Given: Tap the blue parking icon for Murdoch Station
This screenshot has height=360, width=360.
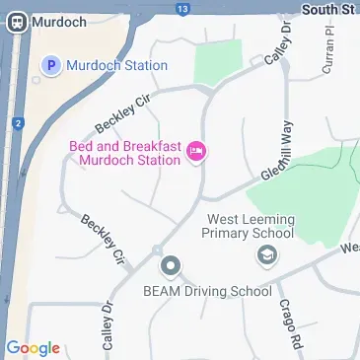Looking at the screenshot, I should (x=50, y=66).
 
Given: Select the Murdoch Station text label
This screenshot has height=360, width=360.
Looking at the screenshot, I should (x=116, y=66).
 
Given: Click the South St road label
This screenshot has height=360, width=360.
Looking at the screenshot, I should (x=328, y=9).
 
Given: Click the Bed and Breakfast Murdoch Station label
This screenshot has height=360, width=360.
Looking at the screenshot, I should (x=125, y=153).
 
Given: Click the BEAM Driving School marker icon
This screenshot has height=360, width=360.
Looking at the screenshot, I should (x=171, y=265).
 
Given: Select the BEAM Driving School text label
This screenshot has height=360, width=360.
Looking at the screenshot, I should (x=207, y=291).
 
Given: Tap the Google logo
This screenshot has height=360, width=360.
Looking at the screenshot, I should (x=33, y=348).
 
